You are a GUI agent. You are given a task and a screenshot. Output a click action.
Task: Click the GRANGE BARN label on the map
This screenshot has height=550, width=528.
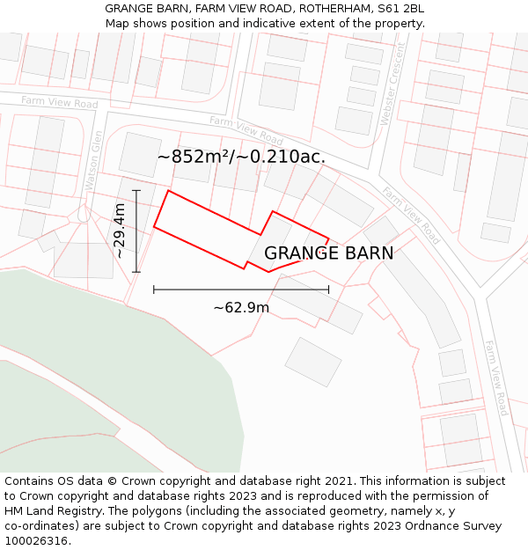(328, 253)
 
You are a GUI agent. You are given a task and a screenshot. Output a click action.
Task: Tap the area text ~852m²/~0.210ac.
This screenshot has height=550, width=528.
(241, 158)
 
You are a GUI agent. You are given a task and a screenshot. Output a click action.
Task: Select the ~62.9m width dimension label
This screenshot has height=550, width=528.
(241, 308)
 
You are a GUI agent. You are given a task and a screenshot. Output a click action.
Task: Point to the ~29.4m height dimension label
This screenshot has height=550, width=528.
(120, 231)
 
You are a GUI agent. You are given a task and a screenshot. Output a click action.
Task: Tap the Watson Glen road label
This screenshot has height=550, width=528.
(92, 159)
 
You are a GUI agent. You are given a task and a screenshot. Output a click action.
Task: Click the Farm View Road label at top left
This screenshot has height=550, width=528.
(60, 102)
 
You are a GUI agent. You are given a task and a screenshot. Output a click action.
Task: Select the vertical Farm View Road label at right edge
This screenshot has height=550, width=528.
(495, 378)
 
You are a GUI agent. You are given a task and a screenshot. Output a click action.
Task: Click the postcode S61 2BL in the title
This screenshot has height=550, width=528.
(401, 9)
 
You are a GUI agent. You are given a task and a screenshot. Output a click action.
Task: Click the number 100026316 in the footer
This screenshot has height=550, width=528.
(36, 541)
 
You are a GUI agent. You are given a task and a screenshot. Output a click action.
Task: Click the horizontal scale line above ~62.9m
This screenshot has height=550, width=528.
(241, 289)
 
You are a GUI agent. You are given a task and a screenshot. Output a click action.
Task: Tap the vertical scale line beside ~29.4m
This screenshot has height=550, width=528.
(136, 231)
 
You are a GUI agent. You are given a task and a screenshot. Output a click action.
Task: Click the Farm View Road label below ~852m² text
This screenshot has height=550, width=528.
(246, 130)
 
